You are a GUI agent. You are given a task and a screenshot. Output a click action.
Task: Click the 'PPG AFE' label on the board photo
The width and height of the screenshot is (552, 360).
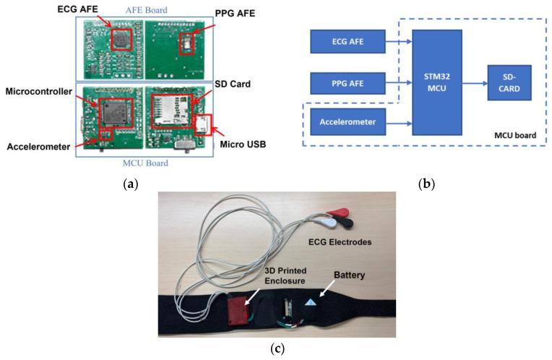coord(241,12)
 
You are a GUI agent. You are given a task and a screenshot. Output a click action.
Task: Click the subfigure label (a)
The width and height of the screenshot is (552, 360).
coord(131,184)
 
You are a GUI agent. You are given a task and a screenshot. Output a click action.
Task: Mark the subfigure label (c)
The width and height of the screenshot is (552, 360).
coord(277,349)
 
